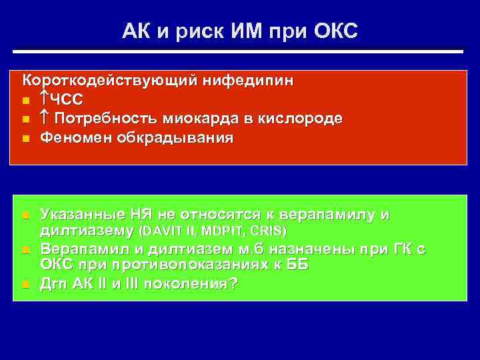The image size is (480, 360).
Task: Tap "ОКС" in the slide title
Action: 333,30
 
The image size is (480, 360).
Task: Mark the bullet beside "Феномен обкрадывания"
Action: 25,139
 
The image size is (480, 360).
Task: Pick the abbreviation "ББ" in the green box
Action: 297,265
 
